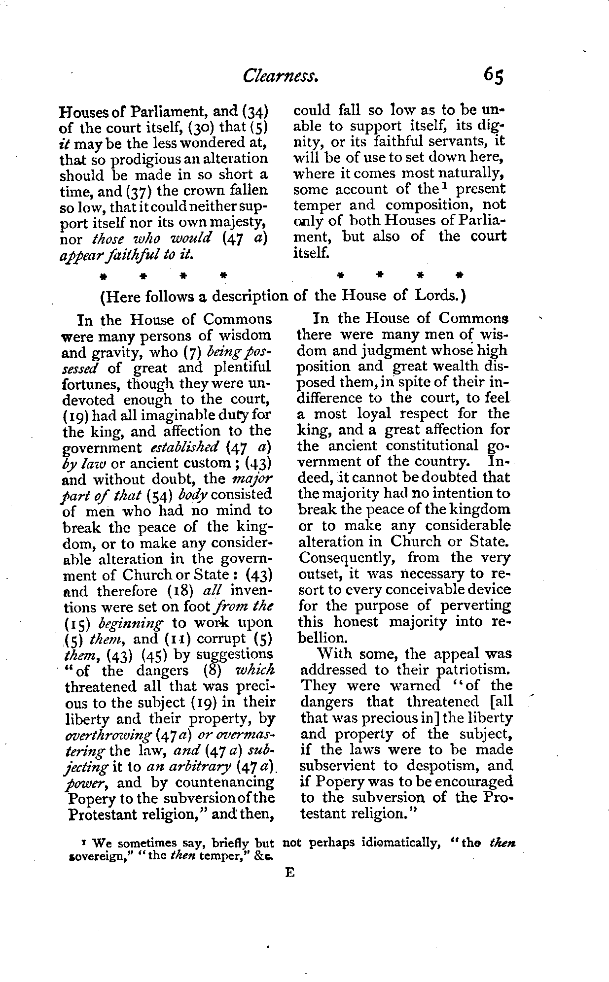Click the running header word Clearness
coord(280,76)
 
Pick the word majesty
coord(234,223)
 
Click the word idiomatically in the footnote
coord(401,843)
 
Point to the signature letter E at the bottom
coord(289,873)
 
